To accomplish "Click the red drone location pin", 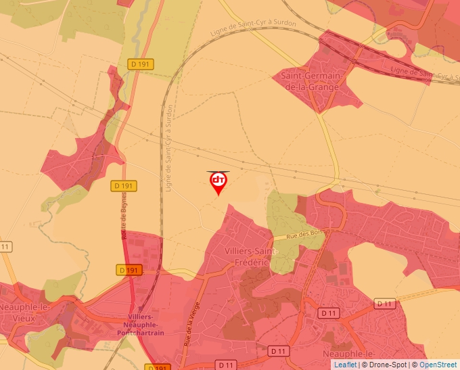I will click(x=218, y=182).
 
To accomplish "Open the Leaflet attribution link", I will click(x=345, y=365).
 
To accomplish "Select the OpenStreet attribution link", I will click(x=438, y=365).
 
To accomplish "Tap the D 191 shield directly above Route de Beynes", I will click(x=124, y=185).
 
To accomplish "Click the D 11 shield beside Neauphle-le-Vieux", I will click(x=5, y=247).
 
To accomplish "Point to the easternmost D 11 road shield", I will click(x=385, y=304).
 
